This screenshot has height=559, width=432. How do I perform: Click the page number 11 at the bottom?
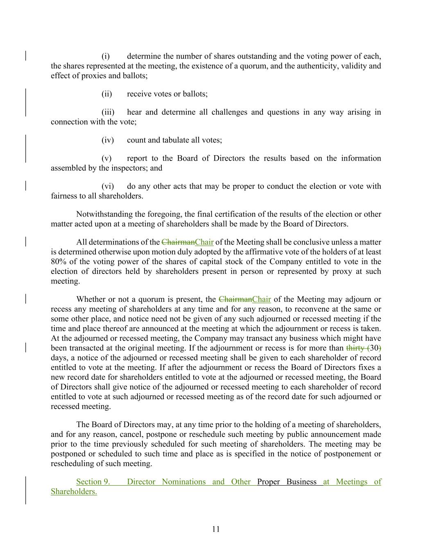pyautogui.click(x=216, y=529)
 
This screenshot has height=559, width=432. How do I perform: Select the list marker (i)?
pyautogui.click(x=106, y=56)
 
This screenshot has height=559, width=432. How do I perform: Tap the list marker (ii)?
pyautogui.click(x=106, y=94)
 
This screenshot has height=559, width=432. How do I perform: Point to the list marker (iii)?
pyautogui.click(x=108, y=112)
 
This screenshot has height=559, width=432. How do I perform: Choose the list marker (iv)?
pyautogui.click(x=107, y=140)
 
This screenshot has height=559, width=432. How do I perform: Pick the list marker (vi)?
pyautogui.click(x=107, y=186)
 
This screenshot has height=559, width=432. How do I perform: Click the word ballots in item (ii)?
pyautogui.click(x=194, y=94)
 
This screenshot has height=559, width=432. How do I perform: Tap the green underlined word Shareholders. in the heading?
pyautogui.click(x=74, y=492)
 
